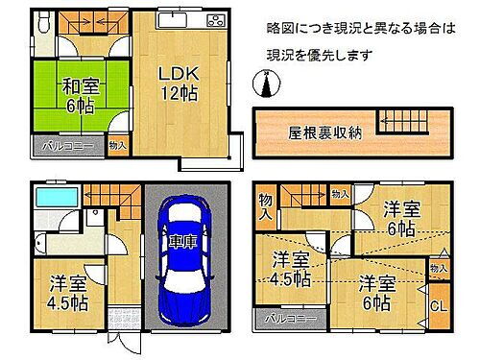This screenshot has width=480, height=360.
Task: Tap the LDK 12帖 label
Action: (x=179, y=84)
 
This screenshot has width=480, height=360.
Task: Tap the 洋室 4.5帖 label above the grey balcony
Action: (x=289, y=268)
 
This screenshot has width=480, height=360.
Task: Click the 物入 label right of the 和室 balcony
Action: (x=116, y=145)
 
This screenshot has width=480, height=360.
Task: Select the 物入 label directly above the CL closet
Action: (x=437, y=270)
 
